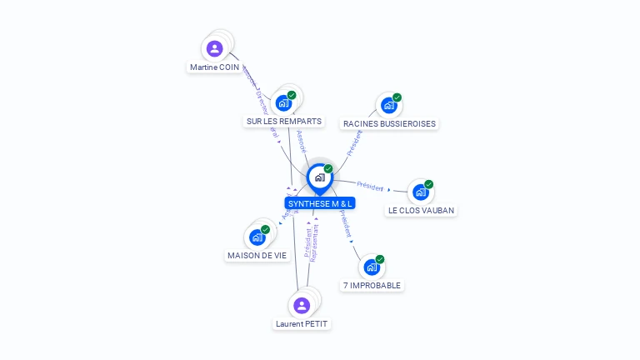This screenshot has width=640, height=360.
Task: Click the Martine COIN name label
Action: pyautogui.click(x=214, y=67)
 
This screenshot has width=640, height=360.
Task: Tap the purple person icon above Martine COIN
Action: pyautogui.click(x=214, y=48)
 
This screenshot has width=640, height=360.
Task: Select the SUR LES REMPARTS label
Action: pyautogui.click(x=283, y=121)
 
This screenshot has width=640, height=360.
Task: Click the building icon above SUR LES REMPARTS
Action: pyautogui.click(x=283, y=103)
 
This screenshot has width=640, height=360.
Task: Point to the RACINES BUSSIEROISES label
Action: pyautogui.click(x=389, y=123)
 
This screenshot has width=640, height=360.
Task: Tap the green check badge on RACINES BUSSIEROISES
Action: pyautogui.click(x=397, y=97)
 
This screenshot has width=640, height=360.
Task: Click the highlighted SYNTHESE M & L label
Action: pyautogui.click(x=320, y=203)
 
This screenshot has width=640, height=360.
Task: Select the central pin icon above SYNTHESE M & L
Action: pyautogui.click(x=319, y=177)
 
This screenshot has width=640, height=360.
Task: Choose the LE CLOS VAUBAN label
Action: pyautogui.click(x=421, y=210)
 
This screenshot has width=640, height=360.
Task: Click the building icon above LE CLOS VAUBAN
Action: pyautogui.click(x=421, y=192)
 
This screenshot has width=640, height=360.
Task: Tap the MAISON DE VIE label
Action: pyautogui.click(x=257, y=256)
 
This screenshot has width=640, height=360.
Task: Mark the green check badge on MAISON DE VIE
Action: pyautogui.click(x=265, y=229)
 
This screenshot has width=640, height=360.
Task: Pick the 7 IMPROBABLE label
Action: pyautogui.click(x=372, y=285)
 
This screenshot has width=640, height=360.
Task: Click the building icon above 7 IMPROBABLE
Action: pyautogui.click(x=372, y=267)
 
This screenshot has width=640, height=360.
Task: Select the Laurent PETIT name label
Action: pyautogui.click(x=302, y=323)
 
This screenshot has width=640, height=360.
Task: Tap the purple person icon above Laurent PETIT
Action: pyautogui.click(x=302, y=305)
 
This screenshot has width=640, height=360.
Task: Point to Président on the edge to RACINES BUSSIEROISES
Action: pyautogui.click(x=354, y=142)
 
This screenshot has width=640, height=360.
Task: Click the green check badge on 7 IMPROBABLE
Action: pyautogui.click(x=380, y=259)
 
